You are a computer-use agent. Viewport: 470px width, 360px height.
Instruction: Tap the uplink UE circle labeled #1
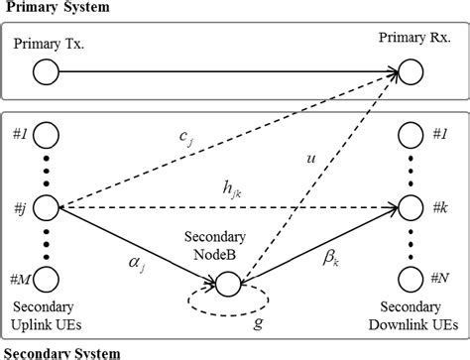(x=47, y=134)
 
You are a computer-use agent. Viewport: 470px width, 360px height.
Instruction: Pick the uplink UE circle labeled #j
(x=47, y=207)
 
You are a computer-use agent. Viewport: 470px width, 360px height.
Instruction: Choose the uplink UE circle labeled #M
(x=47, y=279)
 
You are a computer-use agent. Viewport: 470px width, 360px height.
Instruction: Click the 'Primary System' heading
(x=56, y=9)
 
